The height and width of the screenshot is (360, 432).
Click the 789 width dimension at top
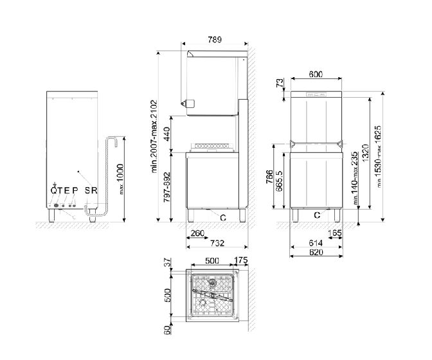[215, 40]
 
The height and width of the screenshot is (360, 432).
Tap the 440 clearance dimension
[166, 134]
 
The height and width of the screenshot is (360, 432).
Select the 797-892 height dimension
[166, 187]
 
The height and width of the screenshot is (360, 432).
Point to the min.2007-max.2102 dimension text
[154, 136]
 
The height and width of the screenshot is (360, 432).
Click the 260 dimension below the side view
[197, 233]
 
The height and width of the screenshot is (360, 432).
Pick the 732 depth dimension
[217, 243]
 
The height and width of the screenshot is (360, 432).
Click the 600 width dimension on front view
[316, 75]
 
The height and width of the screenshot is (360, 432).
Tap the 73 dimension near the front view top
[280, 83]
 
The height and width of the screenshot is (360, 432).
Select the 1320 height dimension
[365, 152]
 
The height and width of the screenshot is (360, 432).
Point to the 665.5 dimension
[279, 181]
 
